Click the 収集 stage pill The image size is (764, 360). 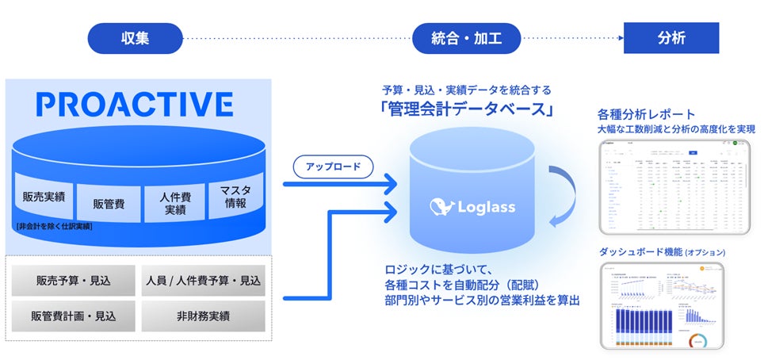135,37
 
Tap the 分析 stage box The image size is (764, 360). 670,37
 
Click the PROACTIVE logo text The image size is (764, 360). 134,104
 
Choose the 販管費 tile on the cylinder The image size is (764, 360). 107,202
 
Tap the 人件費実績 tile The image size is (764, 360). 174,203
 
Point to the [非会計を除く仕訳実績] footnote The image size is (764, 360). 53,227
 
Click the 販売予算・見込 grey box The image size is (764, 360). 73,281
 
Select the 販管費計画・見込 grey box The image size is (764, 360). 73,316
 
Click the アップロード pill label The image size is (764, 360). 333,166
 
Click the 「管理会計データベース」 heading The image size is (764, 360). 465,109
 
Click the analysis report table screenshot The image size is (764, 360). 674,186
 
